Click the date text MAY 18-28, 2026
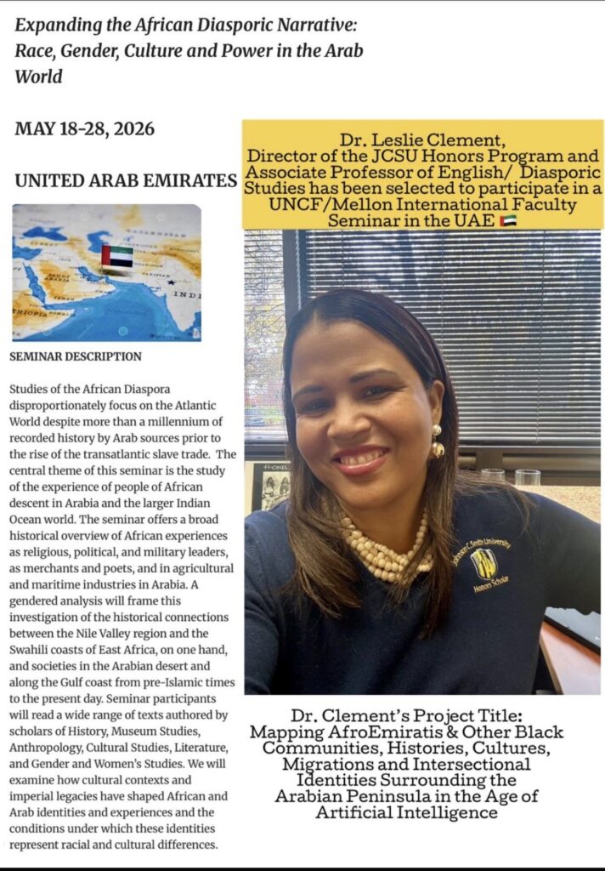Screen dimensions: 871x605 (x=84, y=129)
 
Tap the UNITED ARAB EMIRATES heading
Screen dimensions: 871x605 (x=125, y=181)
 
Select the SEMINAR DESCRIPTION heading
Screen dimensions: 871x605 (x=76, y=356)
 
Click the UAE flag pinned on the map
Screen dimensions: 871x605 (x=116, y=256)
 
